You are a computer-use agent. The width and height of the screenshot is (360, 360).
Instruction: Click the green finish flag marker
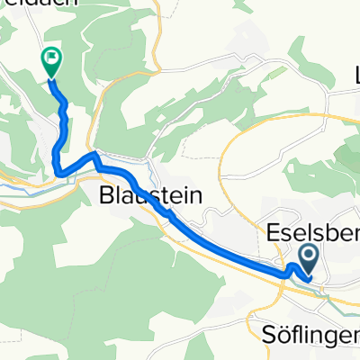click(x=51, y=61)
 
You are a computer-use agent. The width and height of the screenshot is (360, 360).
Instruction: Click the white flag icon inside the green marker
click(x=51, y=60)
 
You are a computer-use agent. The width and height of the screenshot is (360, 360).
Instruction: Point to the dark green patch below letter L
click(x=346, y=153)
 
